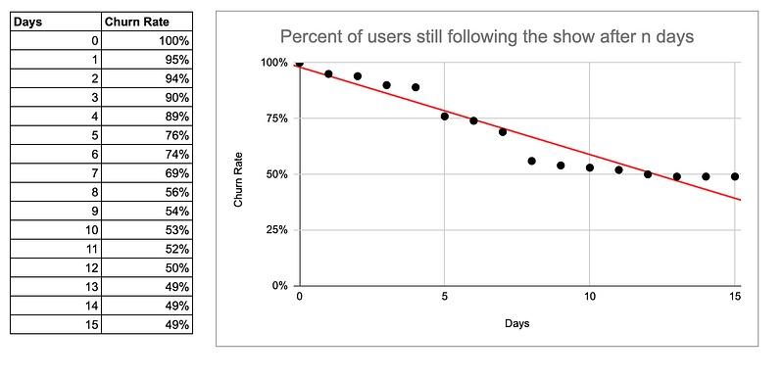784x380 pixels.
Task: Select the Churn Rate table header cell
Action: [130, 22]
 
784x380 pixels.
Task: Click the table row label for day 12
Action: [93, 267]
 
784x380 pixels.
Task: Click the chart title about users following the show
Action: [488, 37]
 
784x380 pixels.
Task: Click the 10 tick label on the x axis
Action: [590, 297]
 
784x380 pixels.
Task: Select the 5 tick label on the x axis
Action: [445, 297]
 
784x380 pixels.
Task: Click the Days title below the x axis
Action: [516, 323]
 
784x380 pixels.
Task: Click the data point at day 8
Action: [532, 161]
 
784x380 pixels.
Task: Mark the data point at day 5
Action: [445, 117]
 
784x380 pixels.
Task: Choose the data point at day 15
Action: [735, 176]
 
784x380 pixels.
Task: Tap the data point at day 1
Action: [328, 73]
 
